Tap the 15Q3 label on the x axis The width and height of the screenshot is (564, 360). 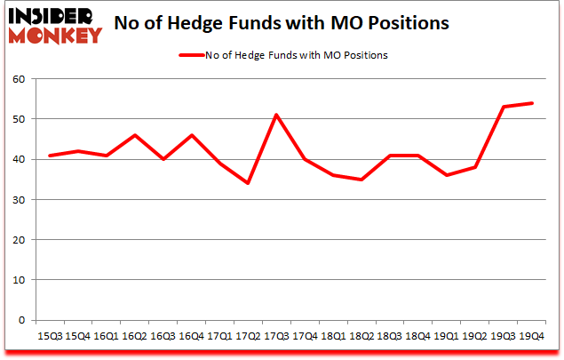point(49,337)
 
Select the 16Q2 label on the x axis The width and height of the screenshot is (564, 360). point(135,337)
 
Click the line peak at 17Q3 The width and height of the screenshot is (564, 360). point(277,115)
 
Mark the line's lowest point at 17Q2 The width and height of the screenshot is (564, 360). point(249,183)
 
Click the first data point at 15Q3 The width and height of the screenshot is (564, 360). point(50,156)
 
